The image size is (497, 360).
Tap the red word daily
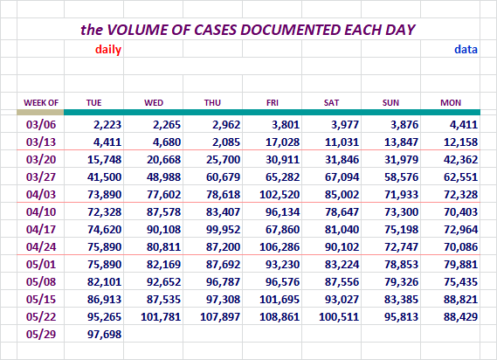click(108, 50)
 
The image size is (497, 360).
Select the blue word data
click(466, 50)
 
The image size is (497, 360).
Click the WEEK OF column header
click(41, 103)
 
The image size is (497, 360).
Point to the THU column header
click(212, 103)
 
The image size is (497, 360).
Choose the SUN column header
click(390, 103)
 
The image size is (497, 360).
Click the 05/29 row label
click(41, 334)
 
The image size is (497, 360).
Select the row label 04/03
click(41, 194)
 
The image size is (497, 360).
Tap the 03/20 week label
click(41, 159)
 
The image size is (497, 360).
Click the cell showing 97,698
click(104, 334)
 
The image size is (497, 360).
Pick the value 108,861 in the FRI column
click(280, 316)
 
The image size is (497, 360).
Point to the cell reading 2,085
click(226, 142)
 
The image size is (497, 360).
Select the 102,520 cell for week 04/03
click(280, 194)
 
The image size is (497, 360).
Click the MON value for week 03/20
click(460, 159)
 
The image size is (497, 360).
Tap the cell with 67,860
click(282, 229)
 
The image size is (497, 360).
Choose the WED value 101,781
click(161, 316)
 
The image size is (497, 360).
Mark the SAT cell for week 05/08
click(342, 281)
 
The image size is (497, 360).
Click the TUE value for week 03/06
click(107, 124)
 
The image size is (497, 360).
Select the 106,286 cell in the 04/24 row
click(280, 246)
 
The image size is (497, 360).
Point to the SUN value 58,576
click(401, 177)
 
